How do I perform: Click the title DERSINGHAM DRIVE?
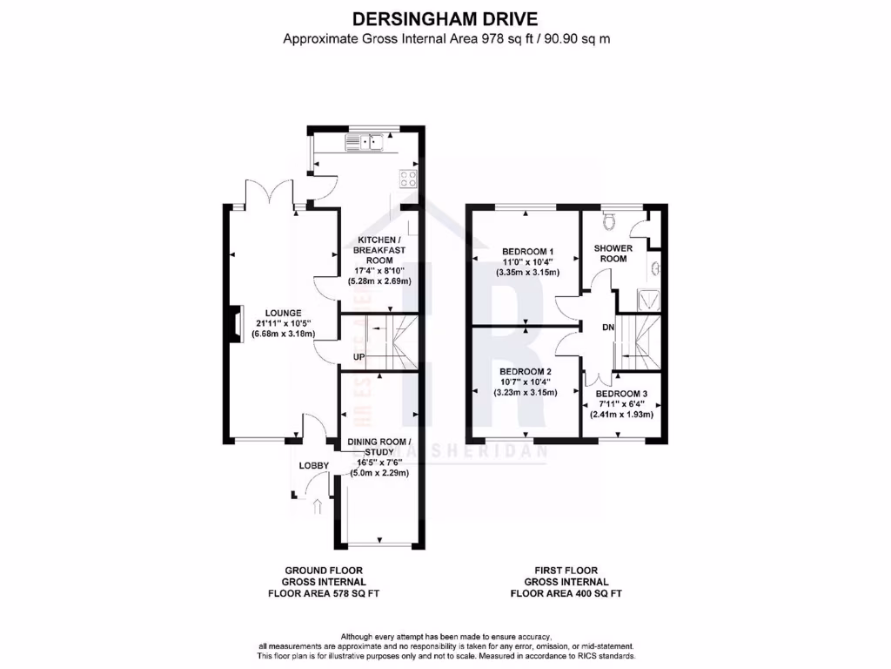(445, 17)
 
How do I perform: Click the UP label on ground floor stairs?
(358, 357)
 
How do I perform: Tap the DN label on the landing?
(608, 328)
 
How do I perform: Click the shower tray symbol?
(650, 301)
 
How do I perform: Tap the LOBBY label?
(314, 466)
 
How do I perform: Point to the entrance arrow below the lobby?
(316, 506)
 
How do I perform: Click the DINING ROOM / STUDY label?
(380, 448)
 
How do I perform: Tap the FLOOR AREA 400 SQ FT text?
(566, 593)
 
